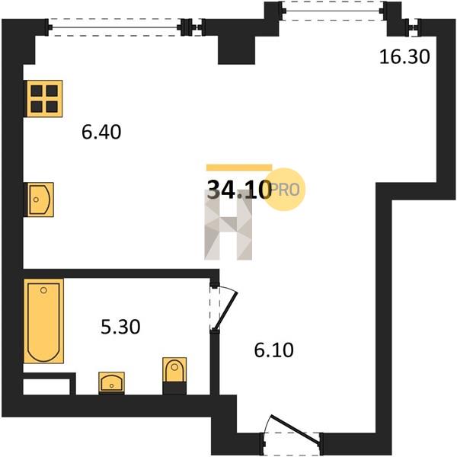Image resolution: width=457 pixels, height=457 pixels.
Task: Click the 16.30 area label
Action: tap(404, 56)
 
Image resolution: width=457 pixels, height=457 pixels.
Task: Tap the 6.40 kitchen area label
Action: tap(101, 132)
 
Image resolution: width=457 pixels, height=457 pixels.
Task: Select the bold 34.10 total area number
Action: tap(238, 189)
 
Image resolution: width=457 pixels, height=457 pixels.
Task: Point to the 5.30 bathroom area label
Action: tap(120, 327)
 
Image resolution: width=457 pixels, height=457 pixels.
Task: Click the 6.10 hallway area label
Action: tap(273, 350)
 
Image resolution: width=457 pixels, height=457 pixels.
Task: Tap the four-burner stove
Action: tap(44, 98)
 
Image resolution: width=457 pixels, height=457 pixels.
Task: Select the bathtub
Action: tap(43, 321)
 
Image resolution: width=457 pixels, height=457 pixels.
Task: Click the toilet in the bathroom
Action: tap(174, 376)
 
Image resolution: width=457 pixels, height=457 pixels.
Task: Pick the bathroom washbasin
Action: tap(112, 382)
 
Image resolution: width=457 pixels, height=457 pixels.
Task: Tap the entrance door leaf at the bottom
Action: tap(295, 430)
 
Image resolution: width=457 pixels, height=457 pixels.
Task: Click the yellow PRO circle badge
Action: tap(284, 190)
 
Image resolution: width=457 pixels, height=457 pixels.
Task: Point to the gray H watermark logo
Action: tap(228, 225)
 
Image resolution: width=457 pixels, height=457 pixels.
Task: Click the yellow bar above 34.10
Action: tap(239, 168)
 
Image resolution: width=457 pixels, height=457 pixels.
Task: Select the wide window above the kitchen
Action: tap(114, 27)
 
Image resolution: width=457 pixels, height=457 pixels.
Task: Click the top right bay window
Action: tap(332, 11)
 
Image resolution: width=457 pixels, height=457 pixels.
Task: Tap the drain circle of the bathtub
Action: tap(43, 290)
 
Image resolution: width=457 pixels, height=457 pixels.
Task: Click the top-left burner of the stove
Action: tap(37, 91)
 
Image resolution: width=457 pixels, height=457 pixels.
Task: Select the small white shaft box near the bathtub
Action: tap(46, 387)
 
